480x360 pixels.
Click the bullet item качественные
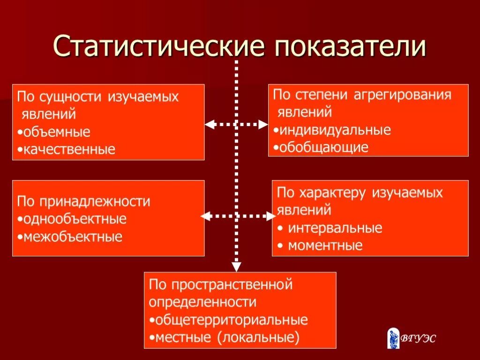pyautogui.click(x=67, y=150)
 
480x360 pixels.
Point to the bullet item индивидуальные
pyautogui.click(x=334, y=130)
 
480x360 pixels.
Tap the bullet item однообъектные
pyautogui.click(x=74, y=219)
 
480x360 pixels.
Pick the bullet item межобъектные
pyautogui.click(x=72, y=237)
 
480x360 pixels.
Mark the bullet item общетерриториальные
pyautogui.click(x=231, y=320)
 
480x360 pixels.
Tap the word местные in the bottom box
pyautogui.click(x=183, y=337)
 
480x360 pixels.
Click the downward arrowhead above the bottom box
pyautogui.click(x=237, y=267)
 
